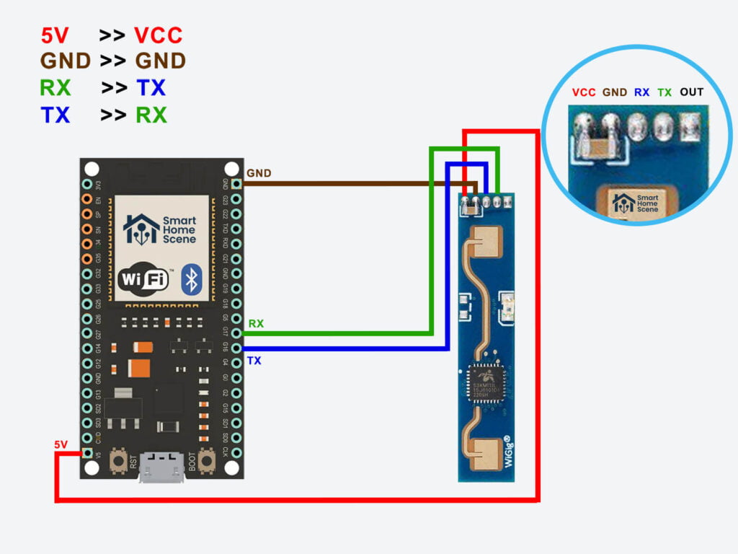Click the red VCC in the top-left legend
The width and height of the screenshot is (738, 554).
(158, 35)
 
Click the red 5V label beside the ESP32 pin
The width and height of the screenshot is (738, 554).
(61, 445)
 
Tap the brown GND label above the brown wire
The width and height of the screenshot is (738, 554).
(259, 174)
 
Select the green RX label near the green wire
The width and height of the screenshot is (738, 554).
(256, 324)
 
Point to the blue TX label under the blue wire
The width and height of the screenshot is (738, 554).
(254, 360)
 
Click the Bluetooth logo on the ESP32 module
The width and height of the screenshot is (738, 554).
(190, 278)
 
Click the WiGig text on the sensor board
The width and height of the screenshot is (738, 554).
(509, 462)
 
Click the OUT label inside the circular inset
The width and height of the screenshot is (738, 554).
(691, 92)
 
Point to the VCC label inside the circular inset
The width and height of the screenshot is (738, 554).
(583, 92)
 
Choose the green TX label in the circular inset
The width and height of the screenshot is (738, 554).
(664, 92)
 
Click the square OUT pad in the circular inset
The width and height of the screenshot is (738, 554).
(690, 127)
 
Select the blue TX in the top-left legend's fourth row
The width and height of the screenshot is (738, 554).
(55, 115)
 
